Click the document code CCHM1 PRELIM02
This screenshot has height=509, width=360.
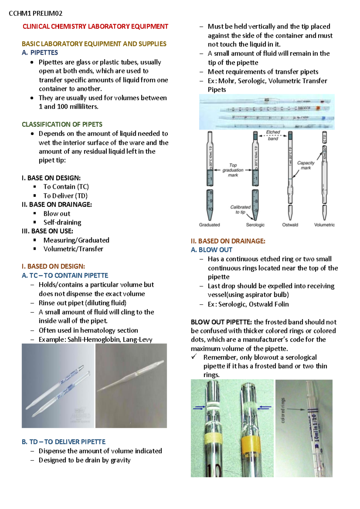coord(36,13)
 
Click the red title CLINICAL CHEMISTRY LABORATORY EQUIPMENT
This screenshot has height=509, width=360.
coord(95,26)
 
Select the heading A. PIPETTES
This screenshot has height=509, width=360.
coord(40,52)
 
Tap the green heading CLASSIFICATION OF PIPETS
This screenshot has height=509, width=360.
coord(62,124)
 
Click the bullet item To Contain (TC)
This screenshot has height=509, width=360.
coord(66,187)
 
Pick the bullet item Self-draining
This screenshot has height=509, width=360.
coord(62,222)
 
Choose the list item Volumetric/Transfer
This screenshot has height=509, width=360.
coord(73,249)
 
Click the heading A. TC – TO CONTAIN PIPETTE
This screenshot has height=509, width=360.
coord(65,275)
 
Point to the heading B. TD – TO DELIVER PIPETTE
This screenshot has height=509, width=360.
coord(64,442)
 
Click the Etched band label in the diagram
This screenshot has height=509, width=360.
coord(273,135)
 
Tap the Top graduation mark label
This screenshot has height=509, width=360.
coord(233,170)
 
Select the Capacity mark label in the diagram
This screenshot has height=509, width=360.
coord(306,165)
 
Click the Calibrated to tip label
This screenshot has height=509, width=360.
coord(240,209)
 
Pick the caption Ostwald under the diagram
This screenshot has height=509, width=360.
coord(290,225)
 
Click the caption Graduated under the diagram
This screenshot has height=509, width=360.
coord(209,225)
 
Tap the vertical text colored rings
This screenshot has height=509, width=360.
coord(283,411)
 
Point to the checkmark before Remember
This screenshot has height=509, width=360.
coord(194,357)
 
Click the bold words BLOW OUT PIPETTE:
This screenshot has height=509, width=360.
coord(221,322)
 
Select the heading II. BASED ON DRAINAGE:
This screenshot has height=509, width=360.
coord(228,241)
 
